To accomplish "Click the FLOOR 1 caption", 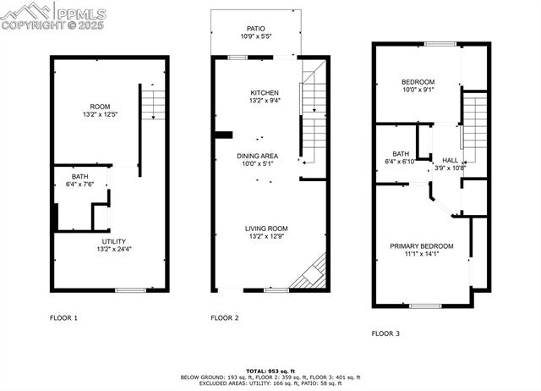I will (x=63, y=318).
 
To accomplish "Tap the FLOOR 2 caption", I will (x=224, y=318).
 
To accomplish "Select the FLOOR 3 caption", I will (x=385, y=333).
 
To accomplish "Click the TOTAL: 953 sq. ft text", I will (x=270, y=371).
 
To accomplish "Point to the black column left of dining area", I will (x=224, y=134).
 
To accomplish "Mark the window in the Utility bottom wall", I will (x=129, y=290).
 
